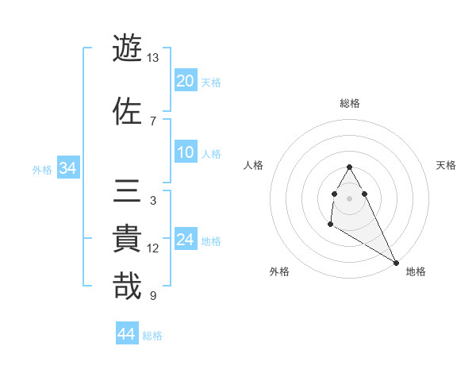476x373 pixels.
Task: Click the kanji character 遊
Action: point(128,48)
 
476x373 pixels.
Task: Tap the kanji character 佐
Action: point(128,111)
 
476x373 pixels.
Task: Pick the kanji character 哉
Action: point(128,286)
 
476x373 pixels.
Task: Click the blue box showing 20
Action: point(186,81)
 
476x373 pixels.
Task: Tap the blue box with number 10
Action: point(186,152)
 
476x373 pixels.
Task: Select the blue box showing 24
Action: point(186,240)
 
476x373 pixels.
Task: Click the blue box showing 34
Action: point(67,168)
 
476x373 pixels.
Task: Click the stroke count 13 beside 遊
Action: point(153,58)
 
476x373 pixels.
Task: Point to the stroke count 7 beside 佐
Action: point(153,121)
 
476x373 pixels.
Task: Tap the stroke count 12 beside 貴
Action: point(153,248)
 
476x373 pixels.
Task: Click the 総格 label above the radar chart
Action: point(350,103)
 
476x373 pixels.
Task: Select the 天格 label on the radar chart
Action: point(447,165)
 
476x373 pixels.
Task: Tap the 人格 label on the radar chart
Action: point(254,165)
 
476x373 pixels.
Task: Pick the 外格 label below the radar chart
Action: point(279,271)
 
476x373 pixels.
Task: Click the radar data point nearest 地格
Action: point(397,263)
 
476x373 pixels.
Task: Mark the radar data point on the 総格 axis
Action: point(349,167)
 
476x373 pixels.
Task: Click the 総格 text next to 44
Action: point(152,336)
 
